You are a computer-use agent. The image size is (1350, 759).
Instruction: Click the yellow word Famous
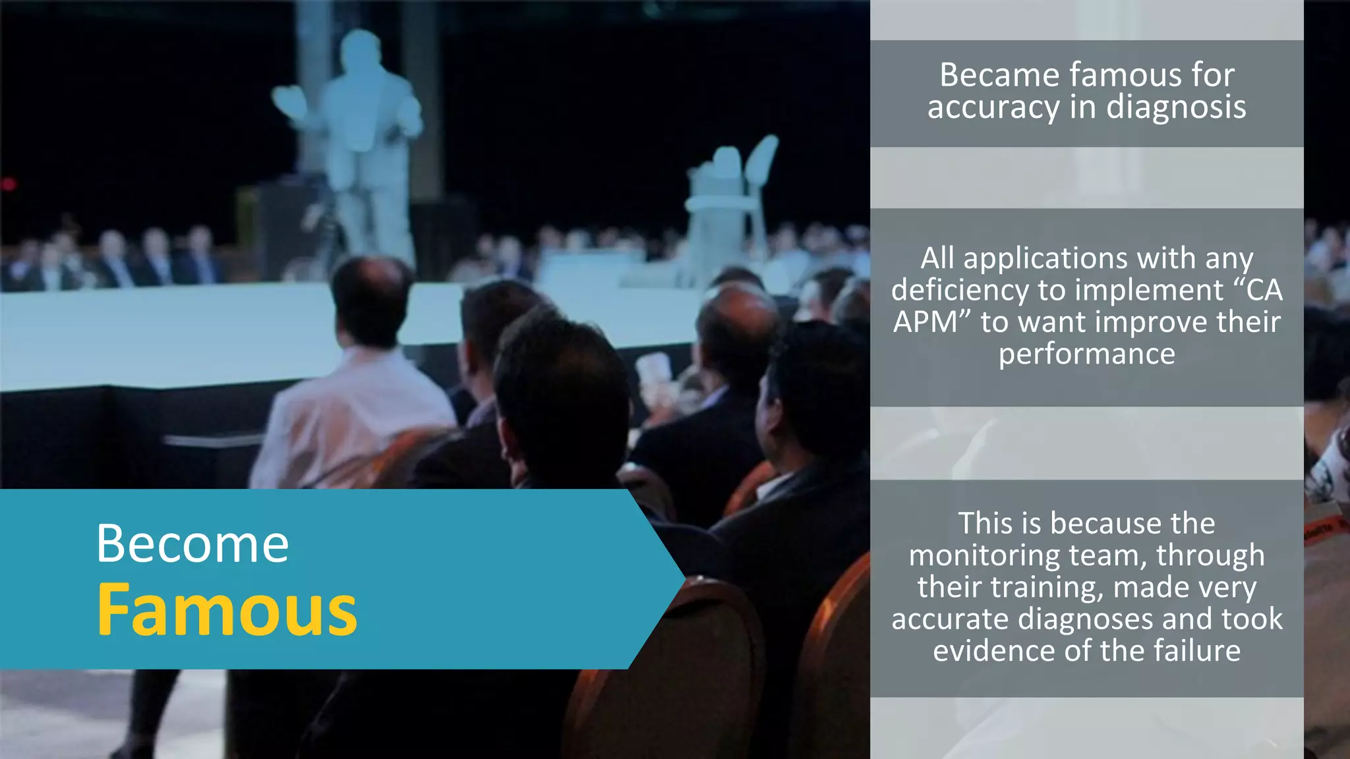click(227, 611)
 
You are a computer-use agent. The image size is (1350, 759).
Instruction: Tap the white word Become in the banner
click(192, 544)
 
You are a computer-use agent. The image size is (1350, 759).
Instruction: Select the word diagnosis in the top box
click(1176, 107)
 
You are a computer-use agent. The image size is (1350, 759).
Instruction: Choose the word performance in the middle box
click(1086, 354)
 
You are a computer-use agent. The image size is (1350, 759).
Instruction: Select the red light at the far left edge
click(8, 184)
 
